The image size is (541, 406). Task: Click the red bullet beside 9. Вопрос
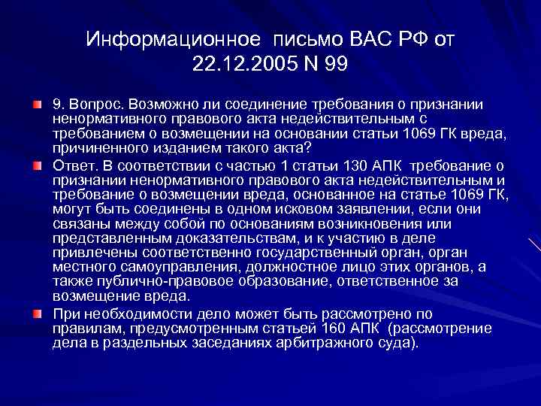(x=37, y=103)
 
